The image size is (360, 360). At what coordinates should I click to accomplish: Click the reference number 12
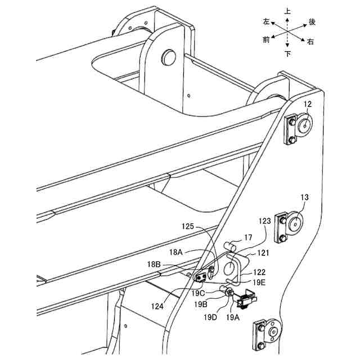pyautogui.click(x=308, y=104)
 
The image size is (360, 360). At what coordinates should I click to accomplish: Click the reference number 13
pyautogui.click(x=304, y=197)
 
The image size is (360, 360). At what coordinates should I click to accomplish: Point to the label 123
pyautogui.click(x=265, y=222)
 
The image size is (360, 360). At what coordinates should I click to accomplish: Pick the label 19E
pyautogui.click(x=260, y=282)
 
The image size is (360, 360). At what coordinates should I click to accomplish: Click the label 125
pyautogui.click(x=188, y=227)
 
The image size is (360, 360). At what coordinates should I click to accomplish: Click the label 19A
pyautogui.click(x=232, y=317)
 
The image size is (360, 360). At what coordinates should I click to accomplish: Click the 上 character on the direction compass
pyautogui.click(x=287, y=11)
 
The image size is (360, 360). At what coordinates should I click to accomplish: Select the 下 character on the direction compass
pyautogui.click(x=287, y=54)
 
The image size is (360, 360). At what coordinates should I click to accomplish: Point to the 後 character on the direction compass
pyautogui.click(x=312, y=22)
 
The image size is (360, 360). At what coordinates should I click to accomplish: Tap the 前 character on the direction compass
pyautogui.click(x=265, y=39)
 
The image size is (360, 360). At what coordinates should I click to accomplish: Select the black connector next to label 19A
pyautogui.click(x=247, y=301)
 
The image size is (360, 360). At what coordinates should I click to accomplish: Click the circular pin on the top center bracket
pyautogui.click(x=166, y=56)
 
